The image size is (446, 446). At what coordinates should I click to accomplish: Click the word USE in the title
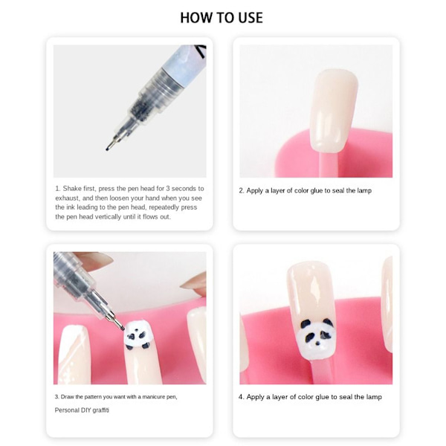point(251,18)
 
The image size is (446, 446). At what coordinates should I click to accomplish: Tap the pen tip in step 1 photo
point(108,148)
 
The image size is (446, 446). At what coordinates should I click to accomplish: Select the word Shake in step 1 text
point(72,189)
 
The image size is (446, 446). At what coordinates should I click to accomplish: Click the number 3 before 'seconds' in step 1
point(168,189)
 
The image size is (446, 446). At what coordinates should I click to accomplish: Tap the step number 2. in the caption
point(242,190)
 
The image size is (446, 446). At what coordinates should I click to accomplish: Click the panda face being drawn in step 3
point(137,334)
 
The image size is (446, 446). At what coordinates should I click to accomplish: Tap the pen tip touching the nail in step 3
point(123,329)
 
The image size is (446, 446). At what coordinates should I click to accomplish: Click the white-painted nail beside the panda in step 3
point(74,355)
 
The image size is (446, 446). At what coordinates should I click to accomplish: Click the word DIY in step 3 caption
point(86,410)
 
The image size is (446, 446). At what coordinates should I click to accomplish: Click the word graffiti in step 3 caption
point(100,410)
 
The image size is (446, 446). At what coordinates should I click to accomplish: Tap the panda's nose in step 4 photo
point(317,343)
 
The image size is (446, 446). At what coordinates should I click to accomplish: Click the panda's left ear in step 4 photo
point(306,323)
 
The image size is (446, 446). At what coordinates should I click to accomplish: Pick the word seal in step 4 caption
point(346,397)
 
